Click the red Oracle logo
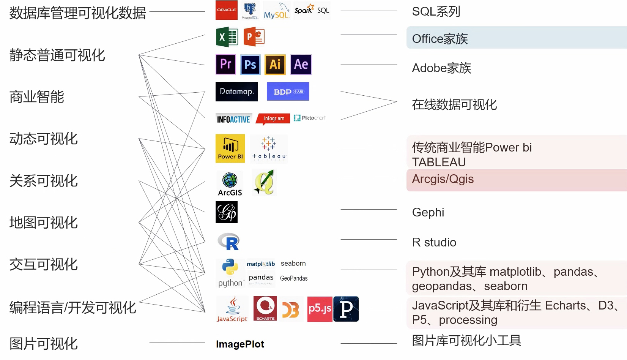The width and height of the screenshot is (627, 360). tap(226, 10)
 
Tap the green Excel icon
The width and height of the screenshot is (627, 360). tap(227, 37)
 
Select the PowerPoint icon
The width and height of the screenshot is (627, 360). tap(254, 37)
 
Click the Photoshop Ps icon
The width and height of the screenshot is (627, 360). tap(250, 65)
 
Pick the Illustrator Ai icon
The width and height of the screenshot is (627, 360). tap(275, 65)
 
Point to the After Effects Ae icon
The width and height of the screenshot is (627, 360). tap(301, 65)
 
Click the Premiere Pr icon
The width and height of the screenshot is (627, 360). tap(226, 65)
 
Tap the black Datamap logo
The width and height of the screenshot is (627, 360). tap(236, 92)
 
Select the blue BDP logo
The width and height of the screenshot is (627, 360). tap(288, 92)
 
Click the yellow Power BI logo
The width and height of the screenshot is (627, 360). tap(230, 148)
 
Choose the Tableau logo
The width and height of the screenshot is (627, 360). tap(269, 148)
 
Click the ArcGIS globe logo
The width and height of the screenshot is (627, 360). tap(230, 183)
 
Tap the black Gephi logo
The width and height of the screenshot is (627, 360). tap(227, 212)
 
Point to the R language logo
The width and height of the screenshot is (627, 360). tap(228, 242)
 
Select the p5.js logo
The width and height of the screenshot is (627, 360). tap(320, 309)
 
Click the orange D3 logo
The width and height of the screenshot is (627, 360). tap(291, 310)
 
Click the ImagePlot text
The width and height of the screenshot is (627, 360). tap(240, 344)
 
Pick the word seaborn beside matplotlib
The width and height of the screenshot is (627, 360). tap(293, 264)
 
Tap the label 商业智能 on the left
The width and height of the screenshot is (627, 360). tap(37, 97)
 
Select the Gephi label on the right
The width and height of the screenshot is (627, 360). tap(428, 212)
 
